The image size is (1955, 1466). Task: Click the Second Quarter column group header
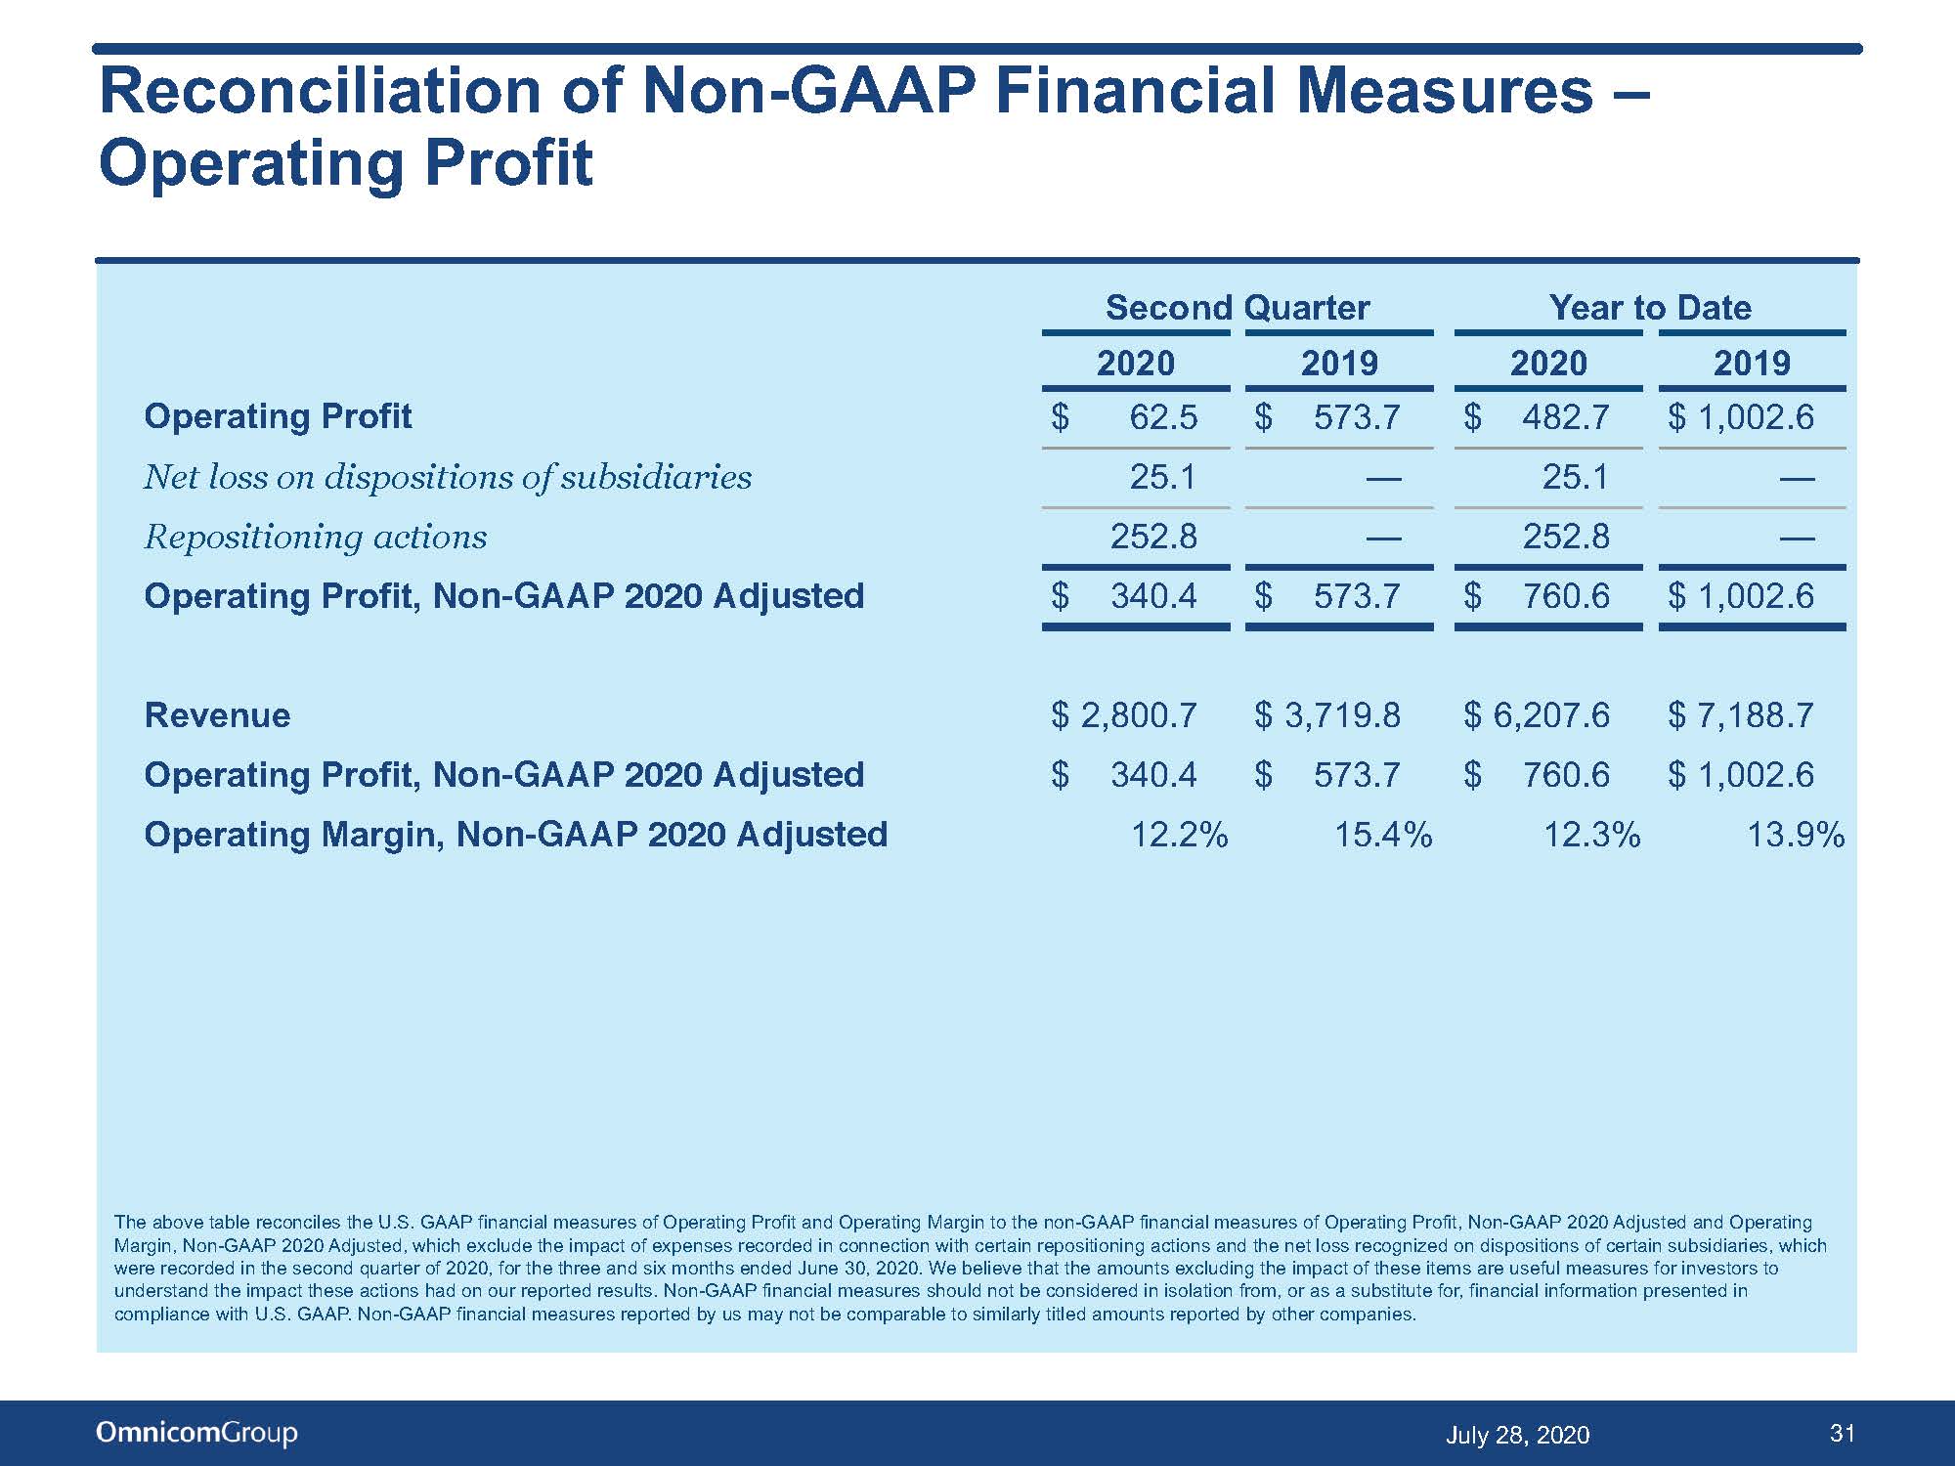1238,308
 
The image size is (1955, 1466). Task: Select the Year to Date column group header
1650,308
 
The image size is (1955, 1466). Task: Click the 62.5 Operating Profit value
1163,417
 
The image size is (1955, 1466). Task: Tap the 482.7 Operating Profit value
1566,417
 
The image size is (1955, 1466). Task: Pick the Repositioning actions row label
316,537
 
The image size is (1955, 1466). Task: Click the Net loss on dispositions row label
449,477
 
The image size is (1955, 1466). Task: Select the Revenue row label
217,715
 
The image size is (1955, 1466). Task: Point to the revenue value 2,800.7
1138,715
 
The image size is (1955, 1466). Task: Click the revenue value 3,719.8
1342,715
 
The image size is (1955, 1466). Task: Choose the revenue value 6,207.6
1551,715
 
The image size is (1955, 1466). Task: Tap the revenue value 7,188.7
1756,715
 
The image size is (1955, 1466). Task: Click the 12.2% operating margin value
1180,835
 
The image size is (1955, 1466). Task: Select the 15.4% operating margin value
1384,835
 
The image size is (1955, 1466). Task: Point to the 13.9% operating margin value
1796,835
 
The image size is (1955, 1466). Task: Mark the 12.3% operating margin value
1592,835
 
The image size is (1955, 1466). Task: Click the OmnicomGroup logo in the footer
196,1433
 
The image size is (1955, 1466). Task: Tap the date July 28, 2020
1517,1435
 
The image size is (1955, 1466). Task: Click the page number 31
1843,1434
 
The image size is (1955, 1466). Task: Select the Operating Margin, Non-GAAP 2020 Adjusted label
516,835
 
